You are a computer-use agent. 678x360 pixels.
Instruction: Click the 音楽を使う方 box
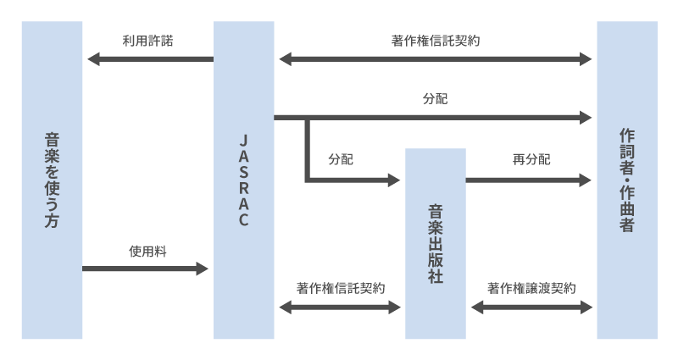point(52,180)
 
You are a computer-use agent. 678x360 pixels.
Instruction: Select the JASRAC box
point(243,180)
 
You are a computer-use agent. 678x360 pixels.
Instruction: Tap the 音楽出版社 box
point(436,243)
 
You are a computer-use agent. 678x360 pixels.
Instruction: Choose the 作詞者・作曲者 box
point(627,180)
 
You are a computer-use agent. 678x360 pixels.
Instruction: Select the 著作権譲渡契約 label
point(531,288)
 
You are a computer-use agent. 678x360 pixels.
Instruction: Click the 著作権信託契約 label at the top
point(436,40)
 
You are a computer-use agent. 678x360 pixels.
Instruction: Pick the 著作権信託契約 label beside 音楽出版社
point(340,288)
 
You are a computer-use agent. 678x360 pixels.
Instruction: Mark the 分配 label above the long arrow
point(436,99)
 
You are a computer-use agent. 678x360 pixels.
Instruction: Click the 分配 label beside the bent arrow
point(340,159)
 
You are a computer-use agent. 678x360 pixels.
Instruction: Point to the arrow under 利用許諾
point(149,59)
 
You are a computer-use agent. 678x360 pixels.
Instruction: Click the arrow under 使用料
point(145,269)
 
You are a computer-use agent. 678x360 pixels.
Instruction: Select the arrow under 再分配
point(528,180)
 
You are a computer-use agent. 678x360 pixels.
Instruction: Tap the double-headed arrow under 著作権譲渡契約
point(531,307)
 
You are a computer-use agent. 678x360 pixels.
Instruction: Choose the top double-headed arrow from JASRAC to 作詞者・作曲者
point(436,59)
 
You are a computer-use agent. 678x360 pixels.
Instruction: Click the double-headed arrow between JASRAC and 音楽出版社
point(339,307)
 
